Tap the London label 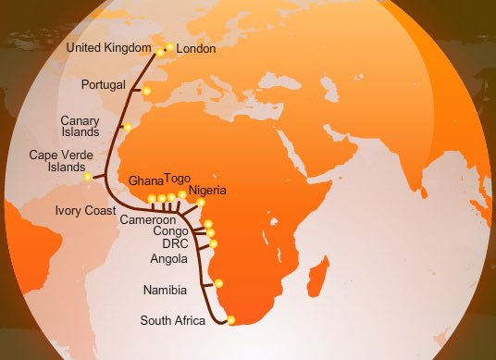(196, 49)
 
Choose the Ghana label (145, 180)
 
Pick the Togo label (178, 177)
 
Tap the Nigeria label (206, 192)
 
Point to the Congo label (170, 231)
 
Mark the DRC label (175, 243)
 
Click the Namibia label (166, 291)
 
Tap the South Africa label (173, 322)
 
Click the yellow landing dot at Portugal (146, 90)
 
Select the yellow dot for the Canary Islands (127, 126)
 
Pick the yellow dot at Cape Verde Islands (88, 176)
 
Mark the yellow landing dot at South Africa (231, 320)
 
